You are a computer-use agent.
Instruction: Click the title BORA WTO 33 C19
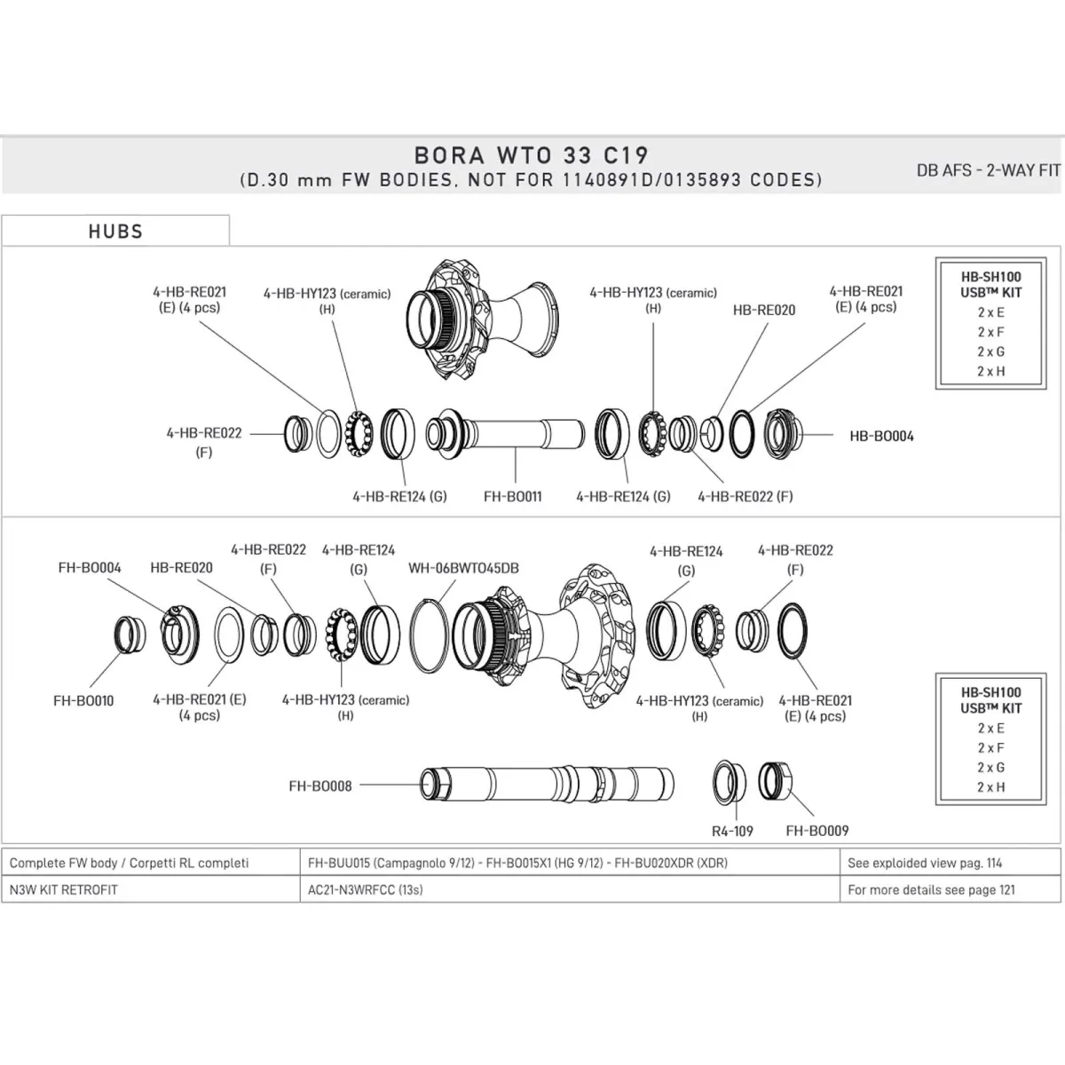coord(531,154)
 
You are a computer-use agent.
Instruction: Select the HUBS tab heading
coord(115,232)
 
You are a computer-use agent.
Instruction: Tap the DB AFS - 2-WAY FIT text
coord(988,170)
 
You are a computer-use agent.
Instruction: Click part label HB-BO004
coord(881,436)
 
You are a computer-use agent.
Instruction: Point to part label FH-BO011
coord(512,497)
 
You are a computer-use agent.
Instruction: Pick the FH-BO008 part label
coord(320,785)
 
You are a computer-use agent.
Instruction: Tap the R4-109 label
coord(732,832)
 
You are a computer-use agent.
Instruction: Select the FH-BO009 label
coord(817,832)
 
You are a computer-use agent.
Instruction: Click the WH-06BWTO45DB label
coord(463,568)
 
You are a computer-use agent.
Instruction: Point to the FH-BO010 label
coord(83,700)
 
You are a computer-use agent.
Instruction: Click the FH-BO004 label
coord(90,568)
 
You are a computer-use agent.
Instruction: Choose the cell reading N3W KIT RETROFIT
coord(63,889)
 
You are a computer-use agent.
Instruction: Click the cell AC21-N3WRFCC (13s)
coord(365,889)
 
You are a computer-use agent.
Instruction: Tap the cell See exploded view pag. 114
coord(925,863)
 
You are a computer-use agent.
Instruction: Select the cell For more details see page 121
coord(931,889)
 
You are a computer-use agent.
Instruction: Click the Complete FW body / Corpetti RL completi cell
coord(129,863)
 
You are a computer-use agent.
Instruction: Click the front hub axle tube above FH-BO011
coord(515,434)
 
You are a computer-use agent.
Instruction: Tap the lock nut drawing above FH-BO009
coord(777,781)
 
